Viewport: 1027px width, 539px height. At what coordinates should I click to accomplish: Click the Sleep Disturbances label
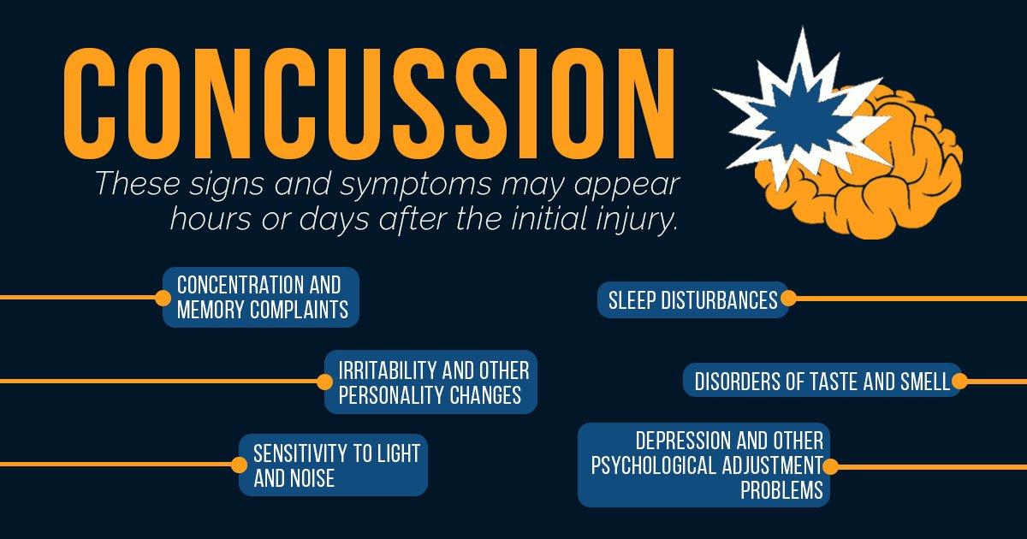[x=692, y=299]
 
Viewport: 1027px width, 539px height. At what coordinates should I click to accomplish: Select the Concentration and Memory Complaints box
[x=261, y=297]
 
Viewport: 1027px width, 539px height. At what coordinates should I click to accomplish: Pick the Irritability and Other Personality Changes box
[x=431, y=382]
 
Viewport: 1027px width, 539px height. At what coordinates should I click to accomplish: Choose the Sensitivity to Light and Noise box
[x=334, y=465]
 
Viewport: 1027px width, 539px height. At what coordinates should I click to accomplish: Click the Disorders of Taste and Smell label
[x=822, y=382]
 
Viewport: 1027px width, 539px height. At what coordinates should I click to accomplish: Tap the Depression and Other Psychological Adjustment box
[x=704, y=465]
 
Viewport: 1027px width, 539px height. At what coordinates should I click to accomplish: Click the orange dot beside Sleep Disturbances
[x=788, y=299]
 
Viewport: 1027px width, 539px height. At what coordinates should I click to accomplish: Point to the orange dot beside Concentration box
[x=163, y=298]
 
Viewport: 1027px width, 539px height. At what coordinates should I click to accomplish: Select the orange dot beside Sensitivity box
[x=239, y=465]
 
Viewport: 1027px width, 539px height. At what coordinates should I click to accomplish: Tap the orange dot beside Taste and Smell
[x=959, y=382]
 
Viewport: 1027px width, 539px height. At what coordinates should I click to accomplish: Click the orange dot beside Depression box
[x=829, y=466]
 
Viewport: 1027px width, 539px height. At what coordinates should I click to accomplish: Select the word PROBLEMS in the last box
[x=781, y=490]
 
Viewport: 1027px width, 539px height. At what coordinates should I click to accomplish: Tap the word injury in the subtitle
[x=638, y=219]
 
